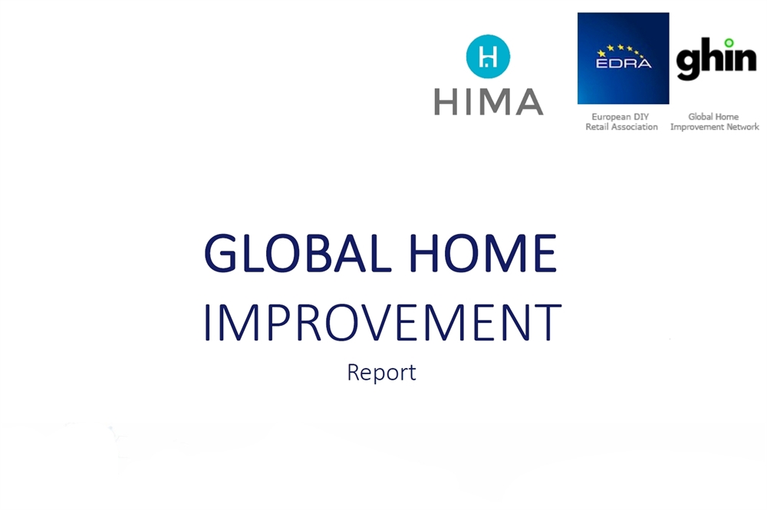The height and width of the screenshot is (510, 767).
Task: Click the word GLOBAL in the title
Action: (x=298, y=253)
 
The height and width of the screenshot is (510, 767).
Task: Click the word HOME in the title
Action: (x=482, y=253)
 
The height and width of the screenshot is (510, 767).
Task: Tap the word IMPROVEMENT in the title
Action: (x=382, y=322)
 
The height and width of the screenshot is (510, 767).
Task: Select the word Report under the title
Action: (x=381, y=373)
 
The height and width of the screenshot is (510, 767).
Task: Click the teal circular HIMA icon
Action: (x=488, y=56)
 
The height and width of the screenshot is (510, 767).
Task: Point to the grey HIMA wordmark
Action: (x=489, y=102)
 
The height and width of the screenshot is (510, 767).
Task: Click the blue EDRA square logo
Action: (x=623, y=58)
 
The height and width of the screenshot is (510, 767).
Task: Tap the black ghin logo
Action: (x=716, y=59)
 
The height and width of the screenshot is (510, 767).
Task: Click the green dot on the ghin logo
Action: (x=729, y=43)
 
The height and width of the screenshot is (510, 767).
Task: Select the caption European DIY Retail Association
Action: (x=621, y=122)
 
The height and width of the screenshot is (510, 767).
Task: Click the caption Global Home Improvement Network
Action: (x=714, y=122)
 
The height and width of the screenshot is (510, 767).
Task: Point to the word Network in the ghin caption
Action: (x=742, y=127)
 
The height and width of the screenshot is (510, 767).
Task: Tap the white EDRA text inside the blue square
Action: (x=624, y=63)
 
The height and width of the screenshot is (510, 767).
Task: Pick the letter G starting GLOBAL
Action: (x=221, y=253)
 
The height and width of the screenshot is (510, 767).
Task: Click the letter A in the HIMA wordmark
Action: (x=529, y=102)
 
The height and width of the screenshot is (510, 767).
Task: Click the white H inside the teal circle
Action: (x=488, y=56)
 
